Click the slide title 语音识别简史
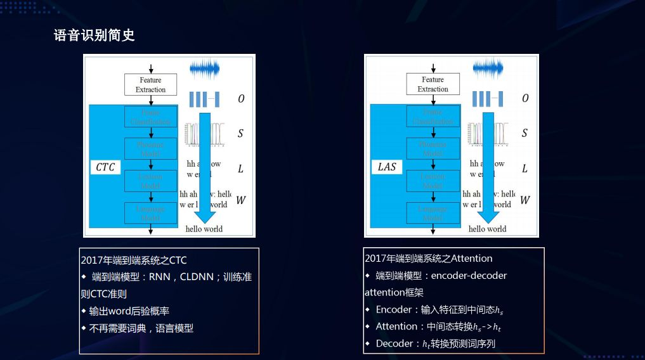[94, 35]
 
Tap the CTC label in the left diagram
[105, 167]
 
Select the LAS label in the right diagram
[386, 167]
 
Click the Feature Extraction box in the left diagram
[150, 85]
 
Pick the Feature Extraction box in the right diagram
[433, 84]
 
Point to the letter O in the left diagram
[241, 99]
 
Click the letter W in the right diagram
[524, 200]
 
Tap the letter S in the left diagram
[240, 134]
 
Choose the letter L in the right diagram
[524, 169]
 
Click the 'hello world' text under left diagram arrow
[204, 229]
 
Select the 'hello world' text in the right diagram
[487, 229]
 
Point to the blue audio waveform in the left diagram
[204, 68]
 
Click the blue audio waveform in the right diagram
[487, 68]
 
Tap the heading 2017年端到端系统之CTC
[134, 260]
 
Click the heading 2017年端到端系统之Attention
[428, 258]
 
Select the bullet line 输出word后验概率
[129, 311]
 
